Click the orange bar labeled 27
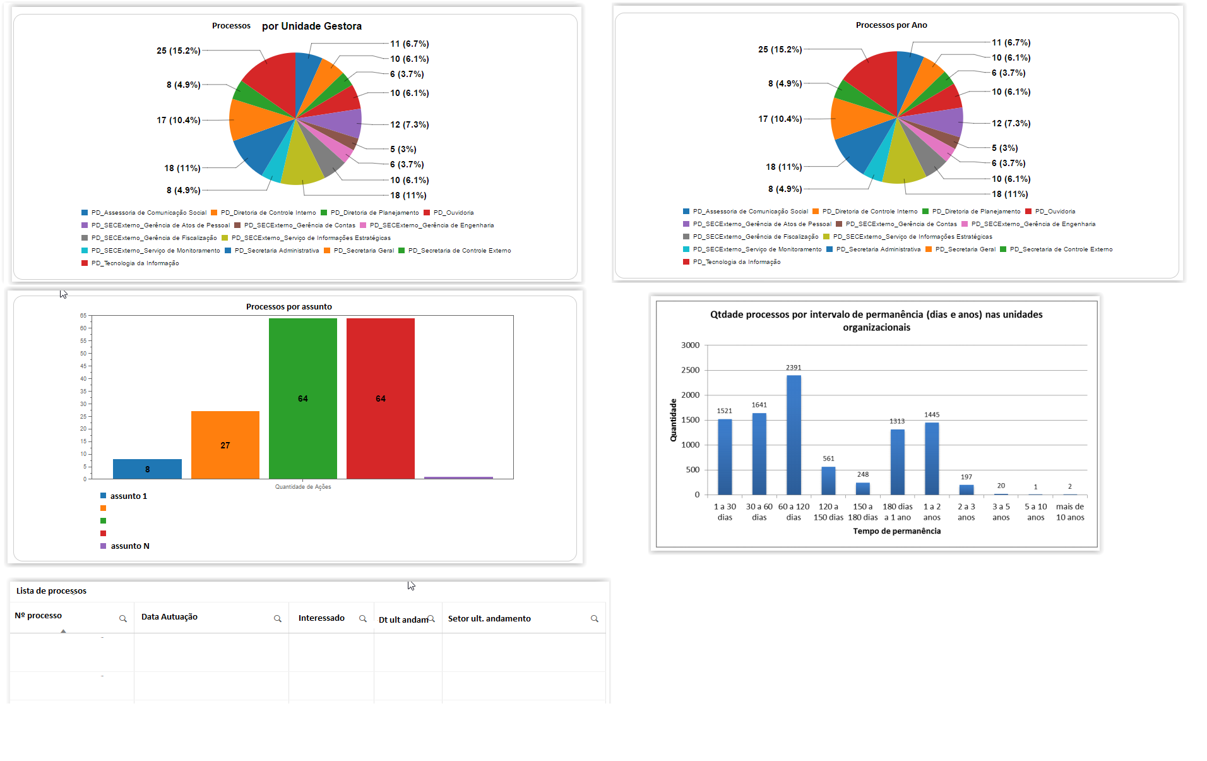coord(225,445)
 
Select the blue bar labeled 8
coord(147,469)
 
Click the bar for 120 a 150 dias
coord(828,481)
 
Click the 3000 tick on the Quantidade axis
coord(690,345)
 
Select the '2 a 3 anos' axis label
coord(966,512)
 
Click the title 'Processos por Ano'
coord(891,25)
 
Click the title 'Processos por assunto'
coord(288,307)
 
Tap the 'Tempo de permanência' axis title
coord(896,531)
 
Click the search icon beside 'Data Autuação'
coord(277,619)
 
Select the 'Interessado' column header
coord(321,618)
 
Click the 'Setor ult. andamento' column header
coord(489,619)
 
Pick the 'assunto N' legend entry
coord(129,546)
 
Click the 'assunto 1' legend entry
coord(128,496)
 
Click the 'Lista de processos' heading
coord(51,591)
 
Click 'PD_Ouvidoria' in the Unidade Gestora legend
coord(453,213)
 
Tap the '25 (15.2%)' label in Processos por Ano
coord(780,49)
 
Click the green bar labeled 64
coord(303,398)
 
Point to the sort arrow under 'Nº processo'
coord(63,631)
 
